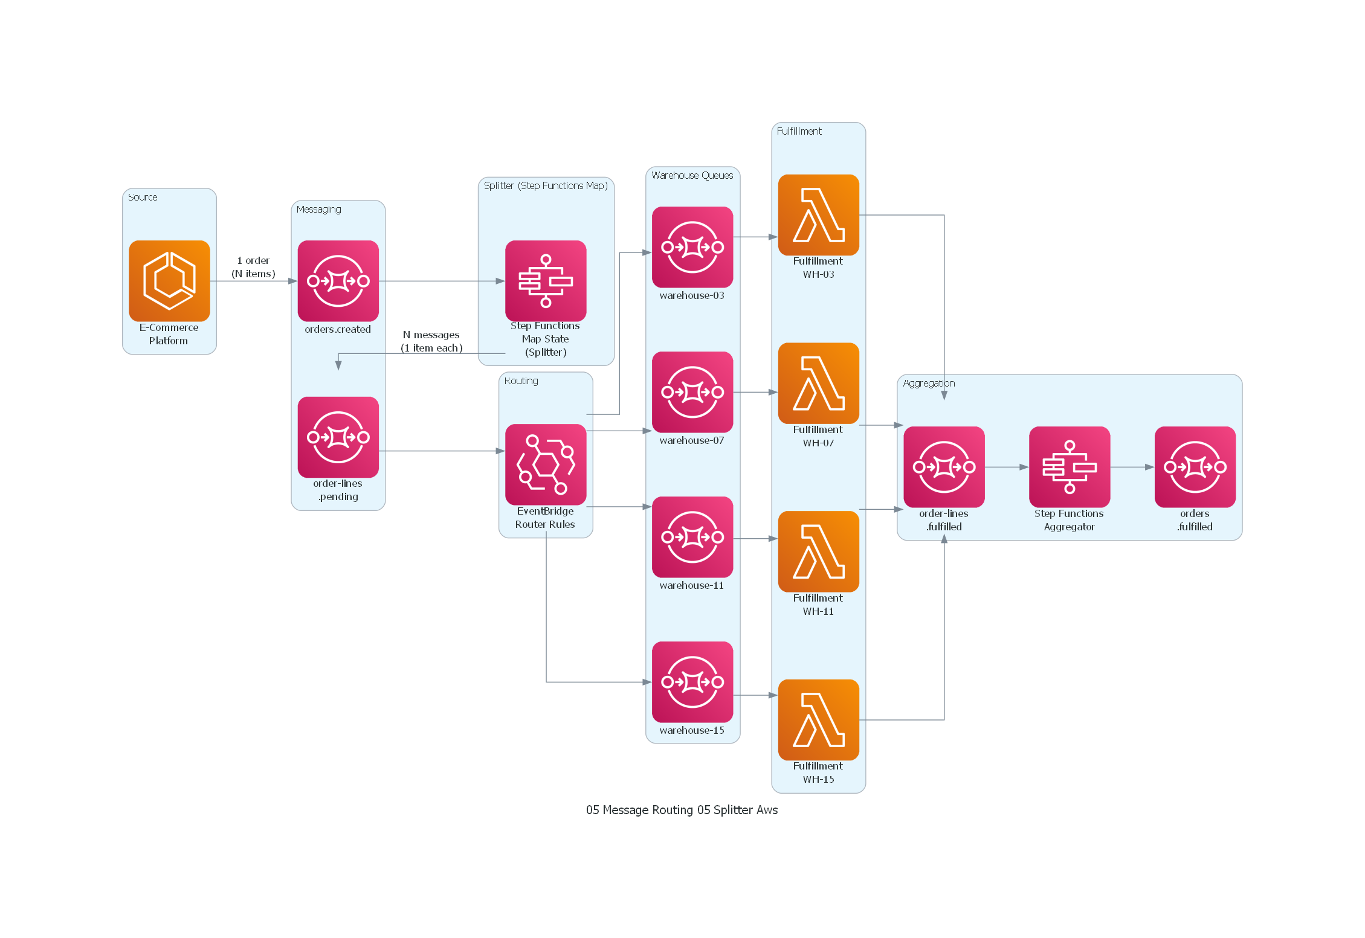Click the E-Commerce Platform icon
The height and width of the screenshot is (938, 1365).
169,281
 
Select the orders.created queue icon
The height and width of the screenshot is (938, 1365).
338,281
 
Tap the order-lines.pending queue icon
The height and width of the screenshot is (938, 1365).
338,437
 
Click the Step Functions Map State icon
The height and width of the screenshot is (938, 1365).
545,281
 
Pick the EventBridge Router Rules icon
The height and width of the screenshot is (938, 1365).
545,464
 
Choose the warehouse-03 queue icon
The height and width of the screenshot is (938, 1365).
692,247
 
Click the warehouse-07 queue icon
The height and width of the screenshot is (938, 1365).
692,392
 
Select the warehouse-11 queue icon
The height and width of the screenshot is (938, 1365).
692,537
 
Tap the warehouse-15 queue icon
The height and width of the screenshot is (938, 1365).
692,682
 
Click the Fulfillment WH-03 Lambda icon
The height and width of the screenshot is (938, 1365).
818,215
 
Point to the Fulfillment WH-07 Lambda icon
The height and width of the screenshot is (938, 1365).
818,383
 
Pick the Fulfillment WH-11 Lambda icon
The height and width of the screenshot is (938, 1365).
818,551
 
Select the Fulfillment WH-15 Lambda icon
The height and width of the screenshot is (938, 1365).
818,719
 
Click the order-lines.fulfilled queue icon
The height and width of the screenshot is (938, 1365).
944,467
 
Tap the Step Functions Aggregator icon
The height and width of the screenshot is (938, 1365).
1069,467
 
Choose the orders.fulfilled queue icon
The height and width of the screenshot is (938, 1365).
1195,467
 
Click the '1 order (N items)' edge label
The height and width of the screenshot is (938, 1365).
253,267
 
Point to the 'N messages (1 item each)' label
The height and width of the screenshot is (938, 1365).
431,341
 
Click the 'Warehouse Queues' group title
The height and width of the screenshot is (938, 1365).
692,175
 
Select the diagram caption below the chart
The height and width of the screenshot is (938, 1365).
682,810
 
